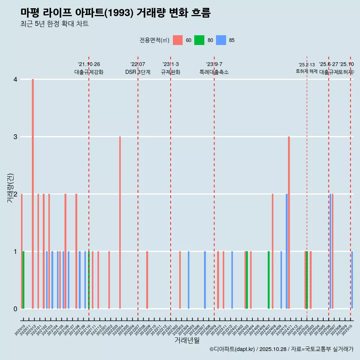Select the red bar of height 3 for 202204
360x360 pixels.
[120, 222]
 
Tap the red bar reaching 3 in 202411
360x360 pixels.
[289, 222]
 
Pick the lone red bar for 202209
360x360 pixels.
[147, 280]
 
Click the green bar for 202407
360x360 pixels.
[268, 280]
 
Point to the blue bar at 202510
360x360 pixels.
[352, 280]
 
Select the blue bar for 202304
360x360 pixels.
[188, 280]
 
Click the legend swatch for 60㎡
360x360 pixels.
[178, 40]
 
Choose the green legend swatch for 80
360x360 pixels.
[199, 40]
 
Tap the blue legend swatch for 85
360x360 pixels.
[221, 40]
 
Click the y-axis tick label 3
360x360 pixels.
[15, 136]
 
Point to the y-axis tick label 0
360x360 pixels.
[15, 309]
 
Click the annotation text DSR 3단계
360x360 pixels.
[138, 72]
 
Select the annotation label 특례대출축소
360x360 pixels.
[214, 72]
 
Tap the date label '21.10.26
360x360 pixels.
[89, 64]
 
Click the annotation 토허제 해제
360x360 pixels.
[307, 71]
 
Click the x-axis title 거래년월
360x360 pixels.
[187, 340]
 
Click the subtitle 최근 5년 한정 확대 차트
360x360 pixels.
[55, 24]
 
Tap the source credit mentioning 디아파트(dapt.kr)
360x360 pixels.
[281, 349]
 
